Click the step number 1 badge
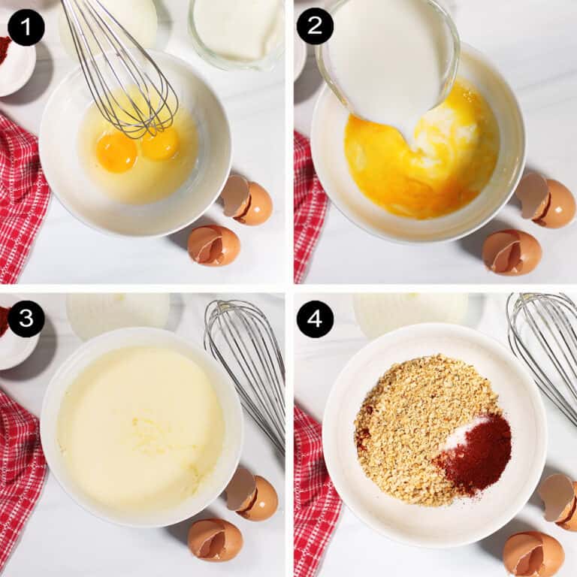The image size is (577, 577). [26, 27]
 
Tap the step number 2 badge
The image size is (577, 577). [315, 26]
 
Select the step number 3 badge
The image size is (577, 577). [26, 319]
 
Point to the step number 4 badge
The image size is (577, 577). [315, 319]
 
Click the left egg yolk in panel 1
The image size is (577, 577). [116, 151]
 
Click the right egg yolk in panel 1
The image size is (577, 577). [160, 144]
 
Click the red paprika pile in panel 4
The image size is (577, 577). [475, 455]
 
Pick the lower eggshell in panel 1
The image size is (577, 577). [214, 246]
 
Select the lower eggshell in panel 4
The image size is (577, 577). [533, 554]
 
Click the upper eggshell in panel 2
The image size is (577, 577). [545, 201]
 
